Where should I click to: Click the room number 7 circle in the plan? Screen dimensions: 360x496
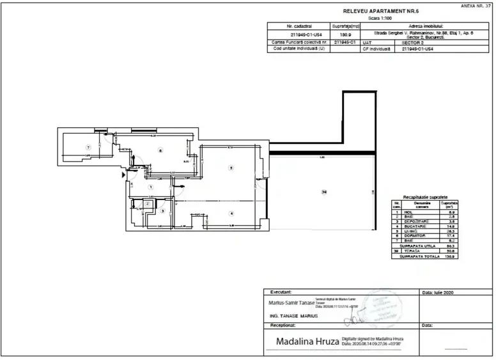(89, 148)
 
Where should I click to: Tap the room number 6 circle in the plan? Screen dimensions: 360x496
(160, 151)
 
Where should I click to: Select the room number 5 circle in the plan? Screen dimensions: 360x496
(231, 168)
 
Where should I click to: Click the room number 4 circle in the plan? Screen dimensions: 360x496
(232, 214)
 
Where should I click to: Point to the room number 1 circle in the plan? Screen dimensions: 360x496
(151, 187)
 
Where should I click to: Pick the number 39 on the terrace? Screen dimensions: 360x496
(324, 192)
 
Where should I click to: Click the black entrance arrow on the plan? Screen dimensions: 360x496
(124, 173)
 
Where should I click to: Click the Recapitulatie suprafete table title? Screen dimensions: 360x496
(425, 198)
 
